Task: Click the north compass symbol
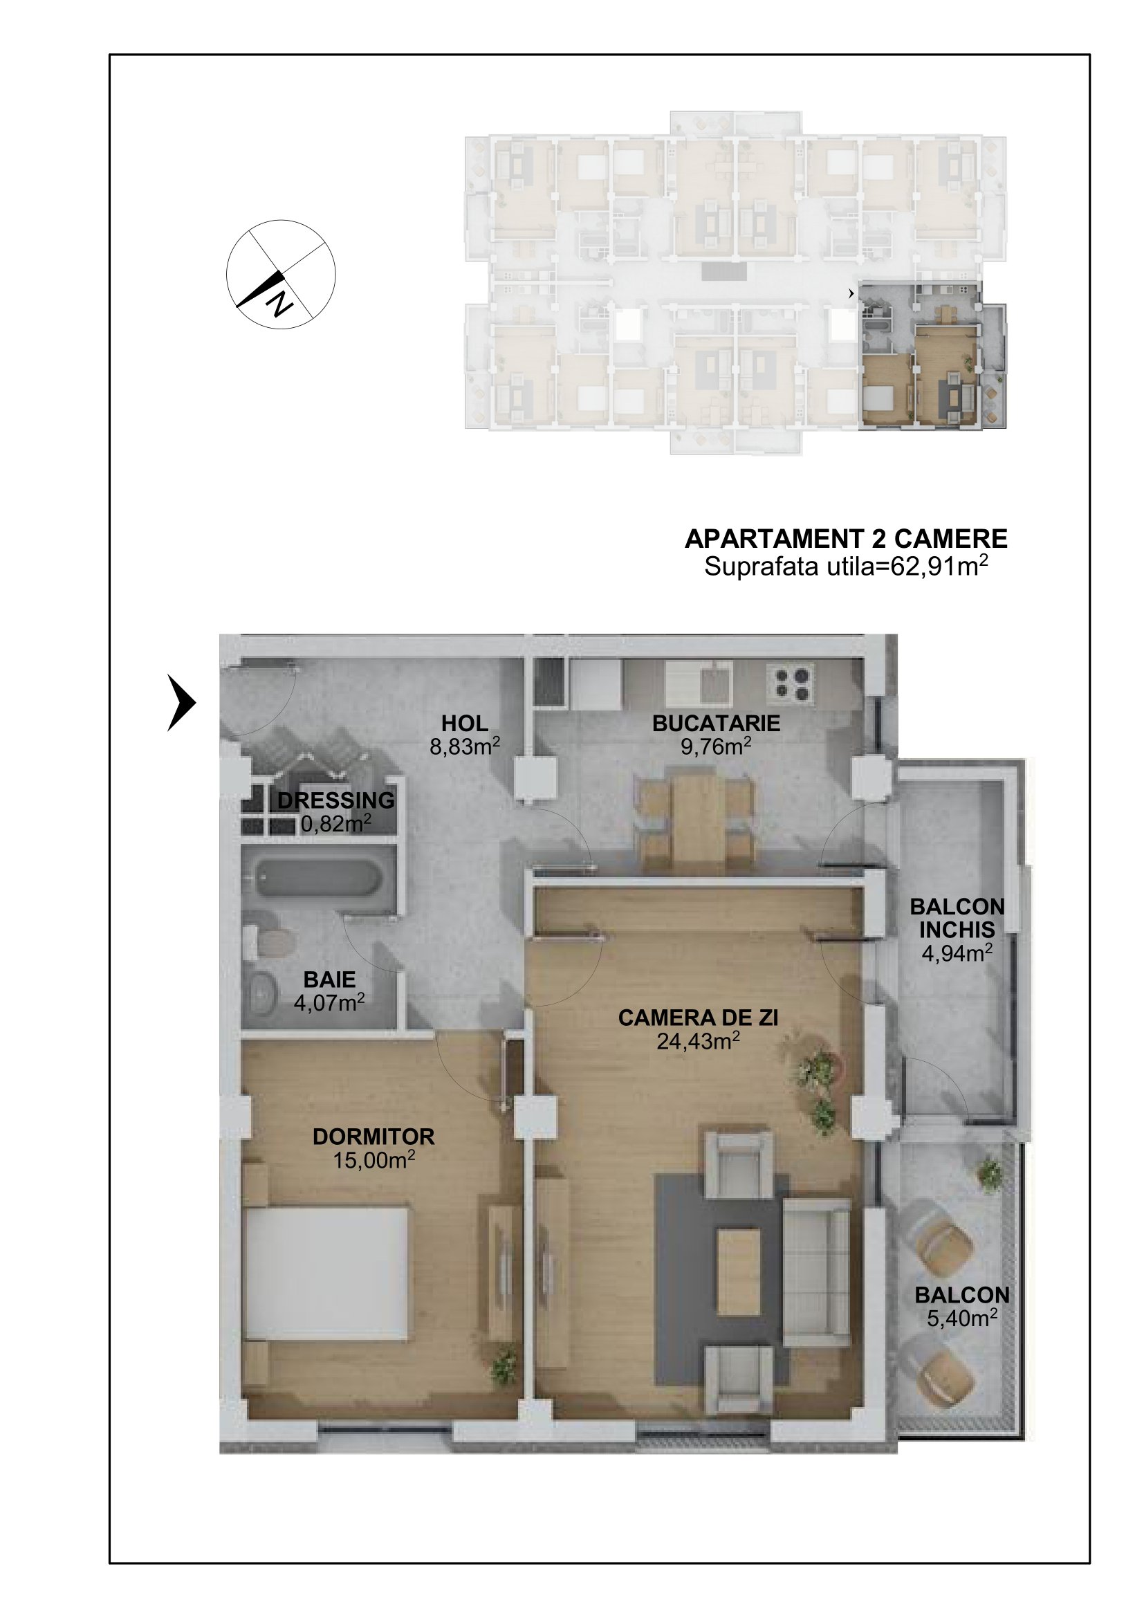click(x=280, y=274)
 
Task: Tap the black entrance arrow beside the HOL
click(x=181, y=702)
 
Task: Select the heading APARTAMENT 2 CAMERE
click(x=845, y=539)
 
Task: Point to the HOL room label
click(x=464, y=723)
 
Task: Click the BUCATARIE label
click(x=716, y=723)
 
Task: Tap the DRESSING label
click(x=336, y=800)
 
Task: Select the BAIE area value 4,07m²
click(x=329, y=1002)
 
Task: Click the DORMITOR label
click(x=373, y=1137)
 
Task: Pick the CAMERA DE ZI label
click(x=697, y=1018)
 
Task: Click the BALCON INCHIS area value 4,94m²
click(x=957, y=953)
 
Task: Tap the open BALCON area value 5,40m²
click(x=961, y=1318)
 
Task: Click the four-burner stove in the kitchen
click(x=791, y=683)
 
